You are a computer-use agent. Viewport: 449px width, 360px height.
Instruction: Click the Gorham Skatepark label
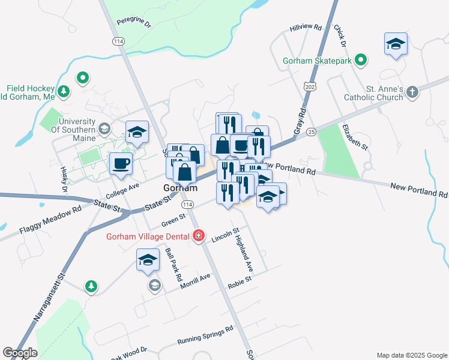click(x=317, y=61)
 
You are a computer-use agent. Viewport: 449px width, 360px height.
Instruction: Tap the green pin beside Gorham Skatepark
click(x=360, y=60)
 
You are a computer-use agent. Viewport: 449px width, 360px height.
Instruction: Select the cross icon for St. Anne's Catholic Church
click(x=412, y=92)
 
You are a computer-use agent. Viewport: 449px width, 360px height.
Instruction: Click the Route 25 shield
click(x=310, y=131)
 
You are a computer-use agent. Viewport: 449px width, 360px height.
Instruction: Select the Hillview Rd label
click(x=306, y=28)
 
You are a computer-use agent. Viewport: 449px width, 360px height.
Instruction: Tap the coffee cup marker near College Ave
click(x=121, y=163)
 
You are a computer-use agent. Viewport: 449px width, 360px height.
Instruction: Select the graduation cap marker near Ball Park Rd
click(x=148, y=260)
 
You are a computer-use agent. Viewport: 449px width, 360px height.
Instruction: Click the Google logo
click(x=20, y=353)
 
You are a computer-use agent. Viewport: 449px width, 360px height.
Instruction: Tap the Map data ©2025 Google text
click(x=411, y=355)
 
